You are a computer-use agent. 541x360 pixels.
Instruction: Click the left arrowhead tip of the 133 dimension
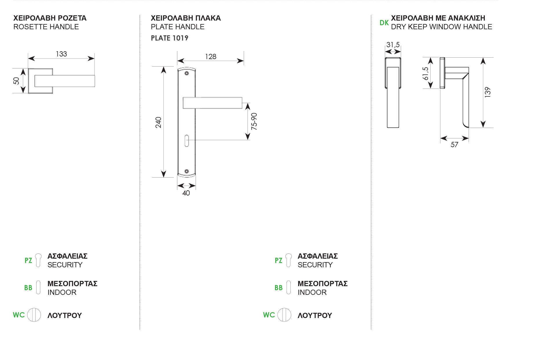click(28, 59)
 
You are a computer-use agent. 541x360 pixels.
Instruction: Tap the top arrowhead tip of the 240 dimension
click(164, 67)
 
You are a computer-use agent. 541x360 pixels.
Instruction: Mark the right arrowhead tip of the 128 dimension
click(244, 61)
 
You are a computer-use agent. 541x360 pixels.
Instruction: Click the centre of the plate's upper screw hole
click(187, 73)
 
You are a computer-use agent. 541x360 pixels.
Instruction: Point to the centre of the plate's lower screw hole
click(187, 171)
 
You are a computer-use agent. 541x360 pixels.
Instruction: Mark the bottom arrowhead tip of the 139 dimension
click(483, 127)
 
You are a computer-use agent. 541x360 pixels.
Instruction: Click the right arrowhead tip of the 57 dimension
click(469, 138)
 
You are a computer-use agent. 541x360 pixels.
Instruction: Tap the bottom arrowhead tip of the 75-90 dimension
click(248, 140)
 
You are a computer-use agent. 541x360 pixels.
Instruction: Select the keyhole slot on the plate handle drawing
click(187, 140)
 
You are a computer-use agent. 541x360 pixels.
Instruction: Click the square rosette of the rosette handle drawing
click(41, 81)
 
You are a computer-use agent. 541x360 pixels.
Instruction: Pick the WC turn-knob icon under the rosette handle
click(34, 315)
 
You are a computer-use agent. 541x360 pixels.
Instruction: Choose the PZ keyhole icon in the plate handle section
click(288, 260)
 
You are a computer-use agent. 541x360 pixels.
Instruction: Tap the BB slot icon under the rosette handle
click(38, 287)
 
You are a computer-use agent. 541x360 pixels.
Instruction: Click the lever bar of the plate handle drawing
click(212, 103)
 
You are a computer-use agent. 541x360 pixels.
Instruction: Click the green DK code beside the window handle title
click(384, 23)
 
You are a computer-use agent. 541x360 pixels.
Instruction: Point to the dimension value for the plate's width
click(186, 193)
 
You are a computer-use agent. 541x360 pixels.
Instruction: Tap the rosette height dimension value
click(17, 81)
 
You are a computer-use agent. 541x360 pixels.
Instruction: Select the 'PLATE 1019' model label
click(170, 38)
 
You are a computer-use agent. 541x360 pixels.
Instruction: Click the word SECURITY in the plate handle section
click(315, 265)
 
